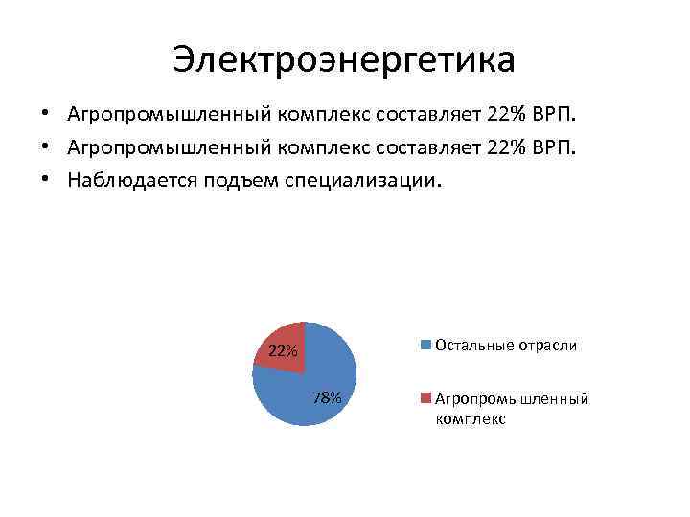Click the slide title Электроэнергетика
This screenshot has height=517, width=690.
344,59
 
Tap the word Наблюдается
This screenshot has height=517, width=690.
131,179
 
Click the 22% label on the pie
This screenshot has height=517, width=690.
282,350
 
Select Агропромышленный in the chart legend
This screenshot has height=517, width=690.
512,399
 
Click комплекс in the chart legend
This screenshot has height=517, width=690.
470,418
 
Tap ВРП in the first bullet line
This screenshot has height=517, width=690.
553,115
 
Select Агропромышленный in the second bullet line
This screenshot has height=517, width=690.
170,146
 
